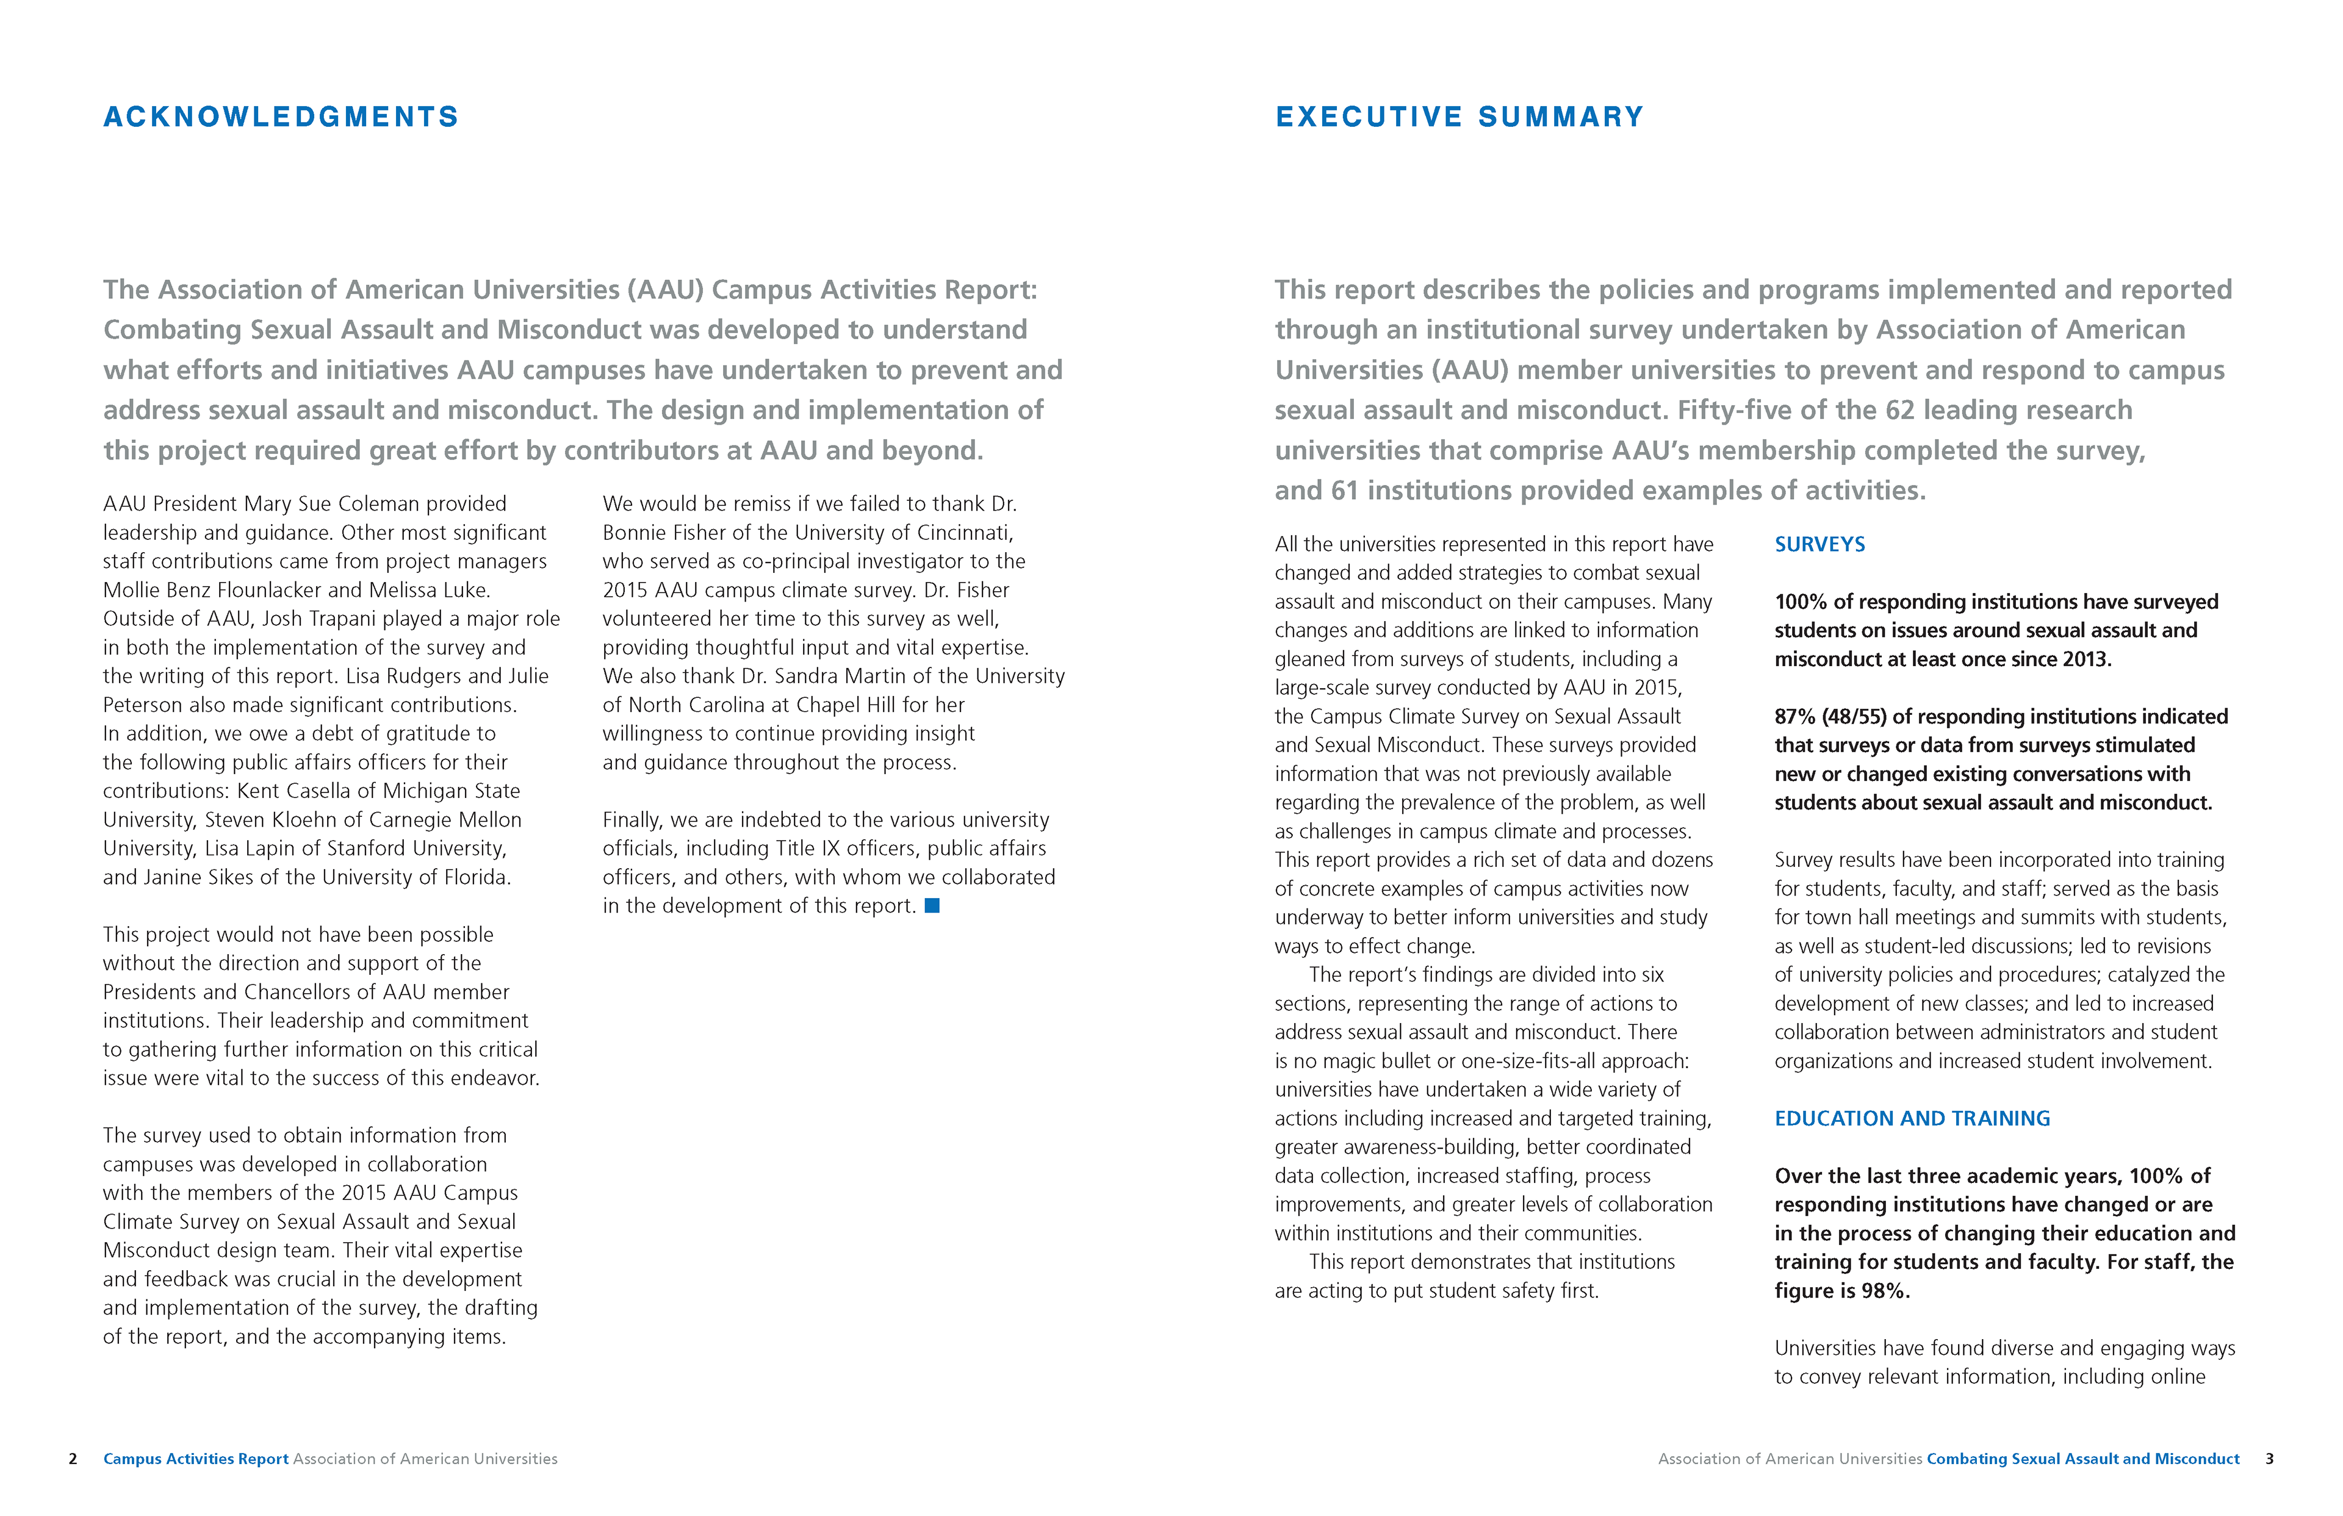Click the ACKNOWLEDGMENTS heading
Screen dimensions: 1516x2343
point(281,117)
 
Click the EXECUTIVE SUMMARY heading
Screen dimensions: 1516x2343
point(1459,117)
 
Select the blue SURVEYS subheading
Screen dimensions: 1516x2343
point(1819,544)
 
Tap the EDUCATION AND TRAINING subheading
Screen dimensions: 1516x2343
point(1912,1118)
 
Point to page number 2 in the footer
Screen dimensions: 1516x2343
point(73,1459)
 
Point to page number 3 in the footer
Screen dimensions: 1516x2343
point(2269,1459)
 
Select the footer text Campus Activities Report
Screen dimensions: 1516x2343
point(196,1459)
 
